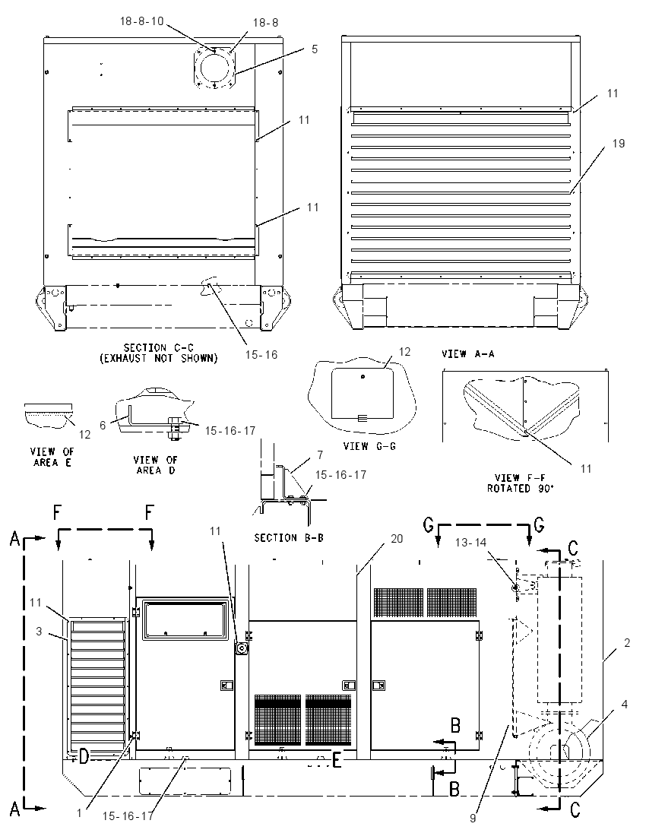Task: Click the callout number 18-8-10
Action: click(x=142, y=21)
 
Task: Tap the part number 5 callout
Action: click(x=315, y=49)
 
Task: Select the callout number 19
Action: click(x=619, y=144)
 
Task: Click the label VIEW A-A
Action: click(x=468, y=354)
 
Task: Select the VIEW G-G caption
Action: click(x=370, y=446)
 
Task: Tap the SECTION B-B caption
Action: click(x=289, y=537)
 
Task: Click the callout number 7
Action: click(x=320, y=455)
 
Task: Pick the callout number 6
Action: click(x=103, y=425)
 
